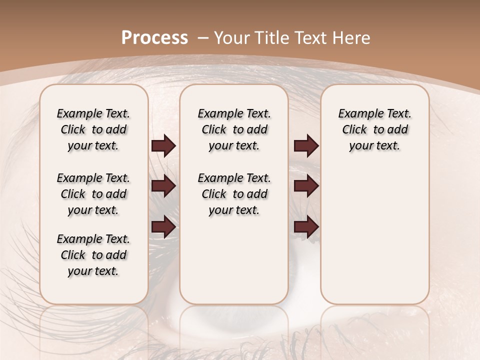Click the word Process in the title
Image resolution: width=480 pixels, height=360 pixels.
pos(154,37)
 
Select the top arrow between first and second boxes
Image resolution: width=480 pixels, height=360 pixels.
pos(163,146)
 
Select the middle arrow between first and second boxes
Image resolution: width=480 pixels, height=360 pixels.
pos(163,186)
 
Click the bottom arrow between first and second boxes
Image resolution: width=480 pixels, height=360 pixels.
pos(163,227)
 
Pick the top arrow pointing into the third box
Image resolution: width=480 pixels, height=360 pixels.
pos(306,146)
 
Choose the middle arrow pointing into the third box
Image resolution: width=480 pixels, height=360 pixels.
pos(306,186)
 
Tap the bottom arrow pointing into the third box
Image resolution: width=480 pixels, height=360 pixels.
pos(306,227)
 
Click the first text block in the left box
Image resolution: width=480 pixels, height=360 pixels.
pos(93,129)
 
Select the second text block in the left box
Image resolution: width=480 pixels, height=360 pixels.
pos(93,194)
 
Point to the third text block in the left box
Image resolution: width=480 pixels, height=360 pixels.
pos(93,255)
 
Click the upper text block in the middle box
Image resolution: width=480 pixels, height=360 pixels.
pos(234,129)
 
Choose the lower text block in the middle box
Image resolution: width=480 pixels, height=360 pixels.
pos(234,194)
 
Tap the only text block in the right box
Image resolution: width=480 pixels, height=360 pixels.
pos(374,129)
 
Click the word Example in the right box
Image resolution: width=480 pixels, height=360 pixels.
pos(356,113)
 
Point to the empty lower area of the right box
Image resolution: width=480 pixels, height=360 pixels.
pos(374,235)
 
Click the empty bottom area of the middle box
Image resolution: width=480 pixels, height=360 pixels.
pos(234,265)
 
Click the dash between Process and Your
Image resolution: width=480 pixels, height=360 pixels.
pos(202,37)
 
